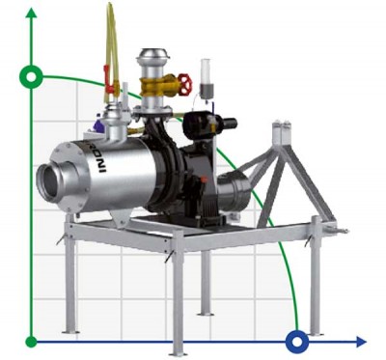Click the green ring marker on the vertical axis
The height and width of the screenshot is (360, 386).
click(x=33, y=76)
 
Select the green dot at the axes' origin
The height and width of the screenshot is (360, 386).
click(x=32, y=340)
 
